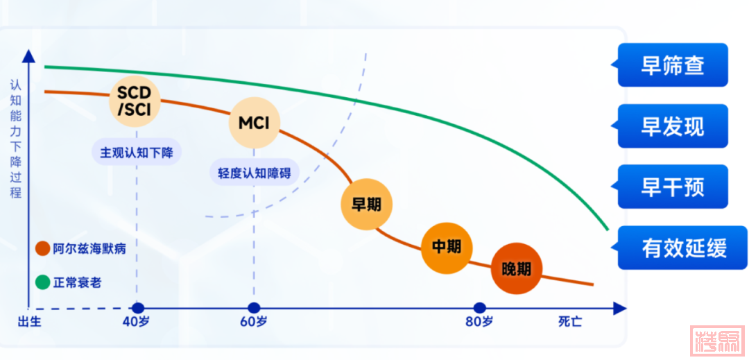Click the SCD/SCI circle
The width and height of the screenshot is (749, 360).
tap(136, 101)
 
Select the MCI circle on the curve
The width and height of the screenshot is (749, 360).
tap(254, 123)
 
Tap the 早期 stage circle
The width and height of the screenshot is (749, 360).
tap(366, 204)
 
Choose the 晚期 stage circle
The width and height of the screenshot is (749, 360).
tap(515, 268)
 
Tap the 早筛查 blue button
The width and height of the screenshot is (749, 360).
tap(672, 65)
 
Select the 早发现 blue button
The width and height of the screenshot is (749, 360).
tap(672, 126)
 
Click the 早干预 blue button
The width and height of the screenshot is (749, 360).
tap(672, 187)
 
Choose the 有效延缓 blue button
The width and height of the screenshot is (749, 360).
tap(684, 248)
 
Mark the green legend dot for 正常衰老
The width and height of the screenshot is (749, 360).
tap(42, 282)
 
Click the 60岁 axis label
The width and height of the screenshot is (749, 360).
tap(254, 322)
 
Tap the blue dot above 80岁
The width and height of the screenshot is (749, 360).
tap(479, 308)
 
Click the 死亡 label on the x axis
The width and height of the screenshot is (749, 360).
tap(570, 322)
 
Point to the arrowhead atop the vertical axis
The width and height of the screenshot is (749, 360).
tap(28, 54)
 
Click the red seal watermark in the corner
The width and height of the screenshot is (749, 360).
tap(718, 341)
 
